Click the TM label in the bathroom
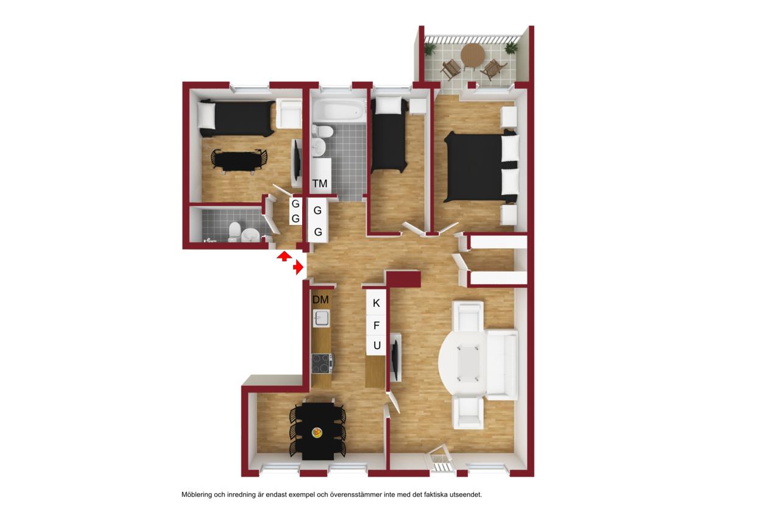319,183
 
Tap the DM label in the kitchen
320,299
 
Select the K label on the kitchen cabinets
376,303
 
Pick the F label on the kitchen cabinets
376,326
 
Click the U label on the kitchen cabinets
377,346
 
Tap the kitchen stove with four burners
322,363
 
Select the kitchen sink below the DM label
321,318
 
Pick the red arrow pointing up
284,256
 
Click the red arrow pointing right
298,268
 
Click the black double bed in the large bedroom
481,166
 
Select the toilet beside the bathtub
322,132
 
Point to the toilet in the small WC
235,232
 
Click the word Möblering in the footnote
197,494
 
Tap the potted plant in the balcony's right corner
511,48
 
